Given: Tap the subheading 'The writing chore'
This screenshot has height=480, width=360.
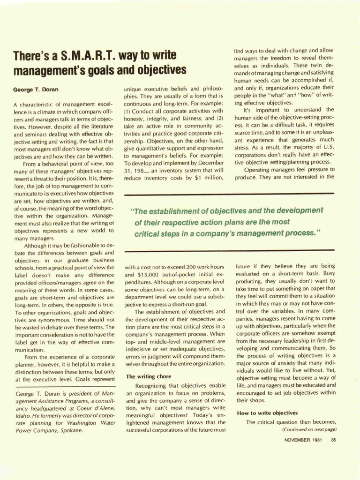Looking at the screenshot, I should pyautogui.click(x=149, y=376).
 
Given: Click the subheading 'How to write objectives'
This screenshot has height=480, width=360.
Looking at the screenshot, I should pyautogui.click(x=267, y=413).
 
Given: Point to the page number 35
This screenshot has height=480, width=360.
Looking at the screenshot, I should pyautogui.click(x=333, y=440).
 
